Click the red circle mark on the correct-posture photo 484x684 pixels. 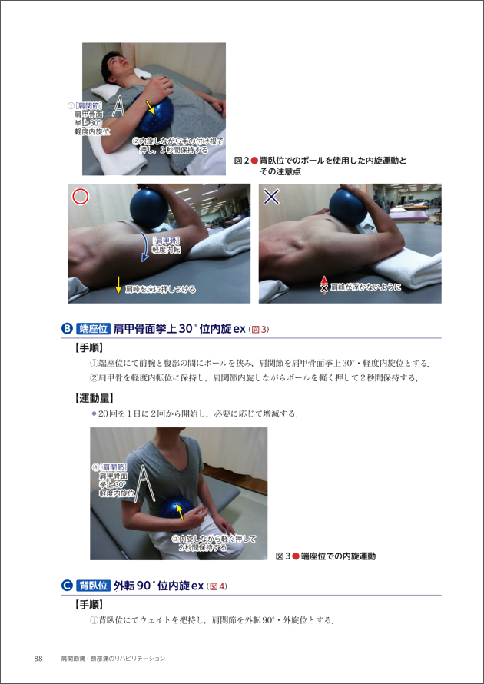click(x=80, y=198)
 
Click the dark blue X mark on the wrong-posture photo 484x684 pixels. click(x=272, y=198)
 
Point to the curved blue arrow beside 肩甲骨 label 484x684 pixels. click(x=144, y=247)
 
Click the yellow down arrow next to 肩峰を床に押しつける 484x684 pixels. click(x=118, y=285)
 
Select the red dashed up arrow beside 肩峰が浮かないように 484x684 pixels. click(x=323, y=284)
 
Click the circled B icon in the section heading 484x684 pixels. click(x=67, y=328)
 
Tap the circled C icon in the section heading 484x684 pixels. click(x=67, y=586)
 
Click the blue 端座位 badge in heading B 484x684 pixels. click(x=92, y=328)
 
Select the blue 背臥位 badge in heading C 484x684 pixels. click(x=92, y=586)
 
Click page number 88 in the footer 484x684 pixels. click(x=38, y=659)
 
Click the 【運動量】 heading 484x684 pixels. click(x=94, y=398)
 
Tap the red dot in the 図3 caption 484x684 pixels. click(x=296, y=556)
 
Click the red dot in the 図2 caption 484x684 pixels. click(x=254, y=161)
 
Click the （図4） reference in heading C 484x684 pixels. click(x=217, y=586)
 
